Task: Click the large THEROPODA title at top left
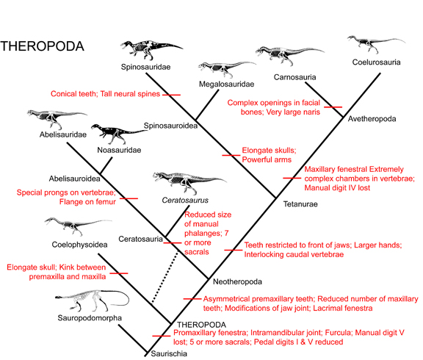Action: (43, 46)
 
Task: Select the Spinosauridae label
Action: (145, 67)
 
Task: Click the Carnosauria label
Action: (294, 76)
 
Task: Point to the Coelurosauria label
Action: (375, 62)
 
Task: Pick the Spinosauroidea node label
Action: (172, 124)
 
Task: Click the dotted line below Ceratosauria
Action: (166, 276)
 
